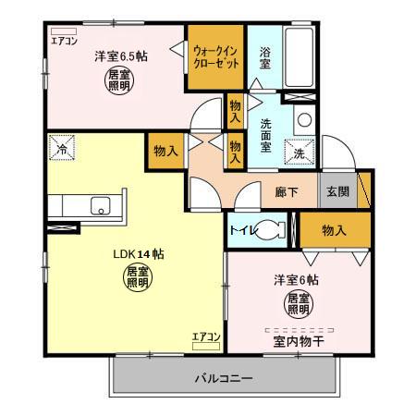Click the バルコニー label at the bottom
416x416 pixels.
[224, 378]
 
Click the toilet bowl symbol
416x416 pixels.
[272, 231]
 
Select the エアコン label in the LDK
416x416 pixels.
[205, 336]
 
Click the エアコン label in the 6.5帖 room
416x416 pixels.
[64, 40]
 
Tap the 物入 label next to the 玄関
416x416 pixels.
[335, 231]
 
